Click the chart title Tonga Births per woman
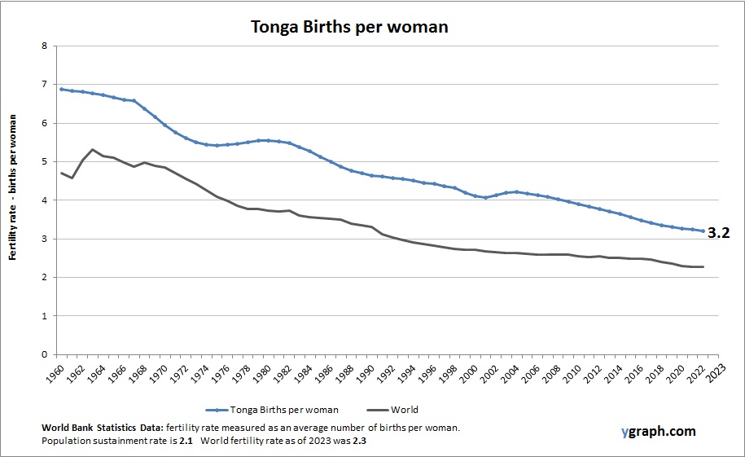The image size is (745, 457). point(348,26)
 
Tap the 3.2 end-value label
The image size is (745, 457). point(717,233)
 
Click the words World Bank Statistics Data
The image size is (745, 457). point(101,428)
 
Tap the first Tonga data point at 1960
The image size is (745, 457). point(62,89)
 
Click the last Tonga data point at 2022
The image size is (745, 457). point(703,231)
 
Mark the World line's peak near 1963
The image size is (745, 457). point(93,150)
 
